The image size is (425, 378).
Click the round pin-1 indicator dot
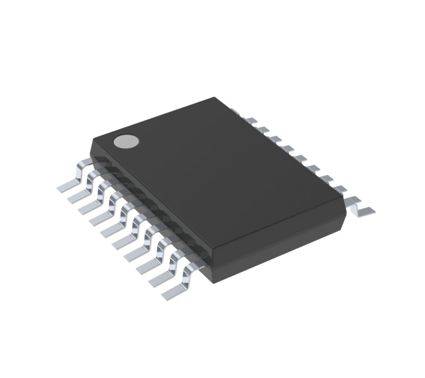pyautogui.click(x=127, y=141)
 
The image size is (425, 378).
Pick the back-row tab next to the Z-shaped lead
pyautogui.click(x=340, y=188)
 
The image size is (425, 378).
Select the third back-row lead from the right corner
pyautogui.click(x=326, y=178)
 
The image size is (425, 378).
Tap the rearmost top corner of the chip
pyautogui.click(x=214, y=98)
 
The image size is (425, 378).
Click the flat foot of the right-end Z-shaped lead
pyautogui.click(x=366, y=210)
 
